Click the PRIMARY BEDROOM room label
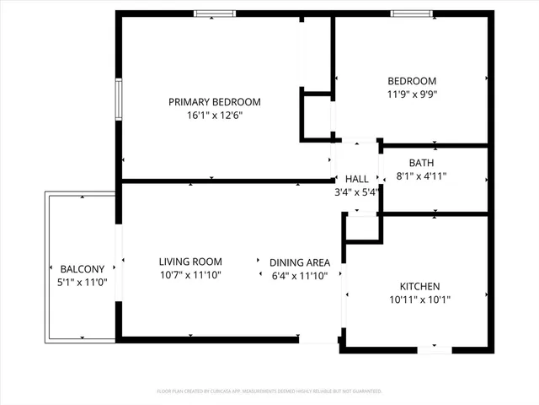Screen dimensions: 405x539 click(x=214, y=102)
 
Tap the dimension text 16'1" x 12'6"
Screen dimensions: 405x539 click(x=214, y=116)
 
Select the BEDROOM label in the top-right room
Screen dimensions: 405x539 click(x=412, y=80)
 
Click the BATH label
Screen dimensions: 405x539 click(x=421, y=163)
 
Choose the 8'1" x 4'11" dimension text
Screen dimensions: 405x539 click(x=421, y=176)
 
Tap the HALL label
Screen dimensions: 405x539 click(x=356, y=179)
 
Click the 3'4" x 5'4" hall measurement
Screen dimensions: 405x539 click(x=356, y=192)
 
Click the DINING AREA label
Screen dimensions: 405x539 click(x=299, y=262)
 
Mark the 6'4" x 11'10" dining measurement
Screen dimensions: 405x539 click(x=299, y=275)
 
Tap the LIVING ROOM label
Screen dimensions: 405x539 click(x=190, y=262)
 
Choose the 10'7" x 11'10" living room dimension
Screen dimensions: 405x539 click(x=190, y=275)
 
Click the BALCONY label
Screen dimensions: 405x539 click(x=82, y=268)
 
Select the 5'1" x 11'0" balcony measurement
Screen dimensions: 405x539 click(x=82, y=282)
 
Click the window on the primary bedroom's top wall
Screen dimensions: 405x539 click(x=215, y=13)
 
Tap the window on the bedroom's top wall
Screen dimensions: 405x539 click(x=412, y=13)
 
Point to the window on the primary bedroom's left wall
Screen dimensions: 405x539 click(x=119, y=99)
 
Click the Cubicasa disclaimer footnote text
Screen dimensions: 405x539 click(x=269, y=391)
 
